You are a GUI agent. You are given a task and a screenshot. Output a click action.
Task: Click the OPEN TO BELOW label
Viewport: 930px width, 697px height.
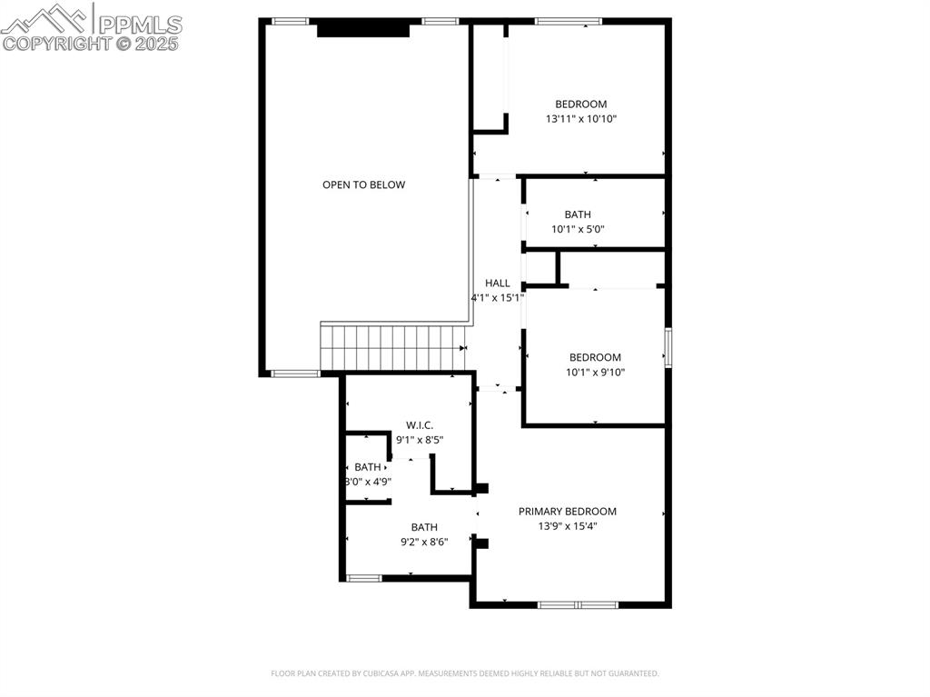[x=363, y=184]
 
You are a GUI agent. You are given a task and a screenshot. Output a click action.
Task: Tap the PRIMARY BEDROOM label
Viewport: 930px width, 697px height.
[x=568, y=512]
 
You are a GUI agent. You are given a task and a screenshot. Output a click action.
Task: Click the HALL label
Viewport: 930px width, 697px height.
[x=498, y=283]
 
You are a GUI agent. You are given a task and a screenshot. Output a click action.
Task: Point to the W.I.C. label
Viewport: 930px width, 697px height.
[x=420, y=425]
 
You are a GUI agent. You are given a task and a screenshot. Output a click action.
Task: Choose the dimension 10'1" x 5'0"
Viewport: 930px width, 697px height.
[x=578, y=229]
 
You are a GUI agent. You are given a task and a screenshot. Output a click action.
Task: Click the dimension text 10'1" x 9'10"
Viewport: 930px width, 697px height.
[x=595, y=372]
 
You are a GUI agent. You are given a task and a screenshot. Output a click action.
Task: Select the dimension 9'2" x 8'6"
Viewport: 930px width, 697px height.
[x=424, y=542]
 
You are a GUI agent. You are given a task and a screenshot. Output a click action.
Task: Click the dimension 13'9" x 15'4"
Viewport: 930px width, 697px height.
[x=568, y=526]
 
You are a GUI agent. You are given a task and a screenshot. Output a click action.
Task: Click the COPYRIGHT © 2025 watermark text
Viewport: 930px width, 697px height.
[x=91, y=43]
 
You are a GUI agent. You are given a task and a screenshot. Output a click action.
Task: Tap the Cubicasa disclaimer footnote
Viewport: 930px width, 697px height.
[x=464, y=673]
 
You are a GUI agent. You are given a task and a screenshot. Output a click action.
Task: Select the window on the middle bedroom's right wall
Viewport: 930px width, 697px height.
[x=668, y=348]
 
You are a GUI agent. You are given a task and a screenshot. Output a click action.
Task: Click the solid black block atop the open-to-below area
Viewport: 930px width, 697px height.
[x=363, y=30]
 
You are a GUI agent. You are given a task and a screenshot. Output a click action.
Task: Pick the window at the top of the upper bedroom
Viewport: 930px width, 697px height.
[x=568, y=21]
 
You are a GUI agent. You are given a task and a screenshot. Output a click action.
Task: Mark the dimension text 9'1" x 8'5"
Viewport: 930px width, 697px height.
[x=420, y=440]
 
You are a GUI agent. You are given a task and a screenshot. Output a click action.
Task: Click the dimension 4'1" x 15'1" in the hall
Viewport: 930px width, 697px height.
[x=497, y=297]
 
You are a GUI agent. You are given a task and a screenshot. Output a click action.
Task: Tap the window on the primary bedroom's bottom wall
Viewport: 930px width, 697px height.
[x=578, y=604]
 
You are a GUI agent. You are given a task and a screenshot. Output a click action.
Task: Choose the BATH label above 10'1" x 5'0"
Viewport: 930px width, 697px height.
[x=578, y=214]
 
